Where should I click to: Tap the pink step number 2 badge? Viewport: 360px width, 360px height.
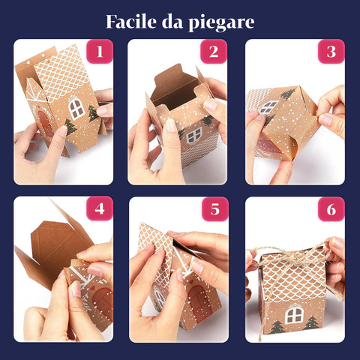[x=213, y=52]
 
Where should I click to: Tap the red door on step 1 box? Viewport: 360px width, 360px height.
[x=45, y=124]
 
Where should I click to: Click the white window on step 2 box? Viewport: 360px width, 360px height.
[x=193, y=136]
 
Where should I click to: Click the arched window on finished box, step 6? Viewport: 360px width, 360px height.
[x=294, y=315]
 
